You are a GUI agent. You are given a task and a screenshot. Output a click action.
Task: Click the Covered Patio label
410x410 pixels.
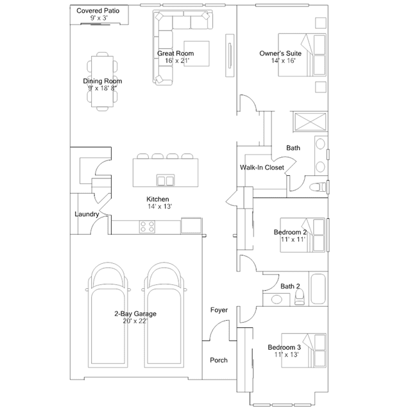tap(98, 11)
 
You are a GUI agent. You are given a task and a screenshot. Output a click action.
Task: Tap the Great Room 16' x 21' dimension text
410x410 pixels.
tap(177, 61)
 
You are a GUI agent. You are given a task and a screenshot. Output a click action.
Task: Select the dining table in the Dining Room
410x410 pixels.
tap(102, 81)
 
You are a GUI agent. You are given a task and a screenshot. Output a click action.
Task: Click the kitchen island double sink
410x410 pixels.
tap(166, 180)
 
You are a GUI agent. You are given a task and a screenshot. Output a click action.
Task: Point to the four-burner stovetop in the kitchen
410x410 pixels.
tap(147, 226)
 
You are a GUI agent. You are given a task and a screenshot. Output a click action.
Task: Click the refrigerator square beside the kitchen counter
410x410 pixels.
tap(191, 225)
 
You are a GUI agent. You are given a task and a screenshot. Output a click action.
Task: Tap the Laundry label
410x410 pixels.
tap(87, 214)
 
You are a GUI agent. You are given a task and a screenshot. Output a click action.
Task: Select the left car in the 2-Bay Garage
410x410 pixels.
tap(108, 315)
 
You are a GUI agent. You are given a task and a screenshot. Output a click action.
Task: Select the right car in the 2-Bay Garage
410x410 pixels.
tap(164, 315)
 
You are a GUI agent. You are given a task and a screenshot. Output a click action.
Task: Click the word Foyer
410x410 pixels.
tap(219, 310)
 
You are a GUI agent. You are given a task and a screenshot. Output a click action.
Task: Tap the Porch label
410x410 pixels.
tap(219, 360)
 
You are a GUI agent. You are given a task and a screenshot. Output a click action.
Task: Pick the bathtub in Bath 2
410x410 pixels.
tap(318, 289)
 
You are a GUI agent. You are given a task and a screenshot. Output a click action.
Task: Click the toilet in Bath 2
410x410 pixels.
tap(300, 297)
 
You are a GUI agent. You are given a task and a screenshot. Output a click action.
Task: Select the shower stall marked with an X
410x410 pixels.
tap(310, 121)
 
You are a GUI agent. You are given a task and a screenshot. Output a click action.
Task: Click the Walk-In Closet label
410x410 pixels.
tap(262, 167)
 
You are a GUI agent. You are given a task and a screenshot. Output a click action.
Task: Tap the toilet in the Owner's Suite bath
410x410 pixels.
tap(318, 187)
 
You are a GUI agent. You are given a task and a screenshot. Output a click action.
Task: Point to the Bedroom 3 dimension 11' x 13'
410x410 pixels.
tap(286, 355)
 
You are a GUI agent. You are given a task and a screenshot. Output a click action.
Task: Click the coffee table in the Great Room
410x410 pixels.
tap(196, 54)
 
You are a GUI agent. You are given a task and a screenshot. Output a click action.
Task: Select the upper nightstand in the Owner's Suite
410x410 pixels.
tap(321, 23)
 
